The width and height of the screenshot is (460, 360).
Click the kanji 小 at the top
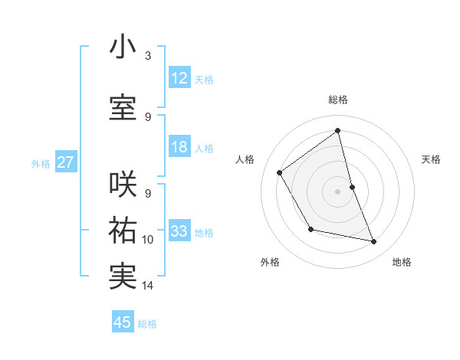123,47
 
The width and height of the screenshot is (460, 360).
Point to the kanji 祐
123,230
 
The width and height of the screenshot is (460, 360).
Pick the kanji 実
123,276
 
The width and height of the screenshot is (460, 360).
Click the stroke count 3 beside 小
148,56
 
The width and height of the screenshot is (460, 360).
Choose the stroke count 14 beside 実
148,286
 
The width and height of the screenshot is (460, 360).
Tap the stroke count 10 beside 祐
148,240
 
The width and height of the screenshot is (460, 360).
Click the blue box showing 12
179,78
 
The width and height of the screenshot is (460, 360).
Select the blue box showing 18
179,147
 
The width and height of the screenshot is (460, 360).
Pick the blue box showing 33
179,231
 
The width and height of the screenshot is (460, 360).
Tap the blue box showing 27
65,162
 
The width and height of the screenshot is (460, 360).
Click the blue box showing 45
123,322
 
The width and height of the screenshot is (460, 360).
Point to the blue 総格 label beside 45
147,324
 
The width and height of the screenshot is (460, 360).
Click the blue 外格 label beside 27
41,164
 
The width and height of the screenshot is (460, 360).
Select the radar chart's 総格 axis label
338,100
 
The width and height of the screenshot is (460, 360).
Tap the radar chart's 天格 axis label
431,159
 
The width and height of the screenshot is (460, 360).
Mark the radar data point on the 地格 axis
374,242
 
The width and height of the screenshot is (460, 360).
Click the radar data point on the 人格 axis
280,172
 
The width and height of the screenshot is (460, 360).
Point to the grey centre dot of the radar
337,191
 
